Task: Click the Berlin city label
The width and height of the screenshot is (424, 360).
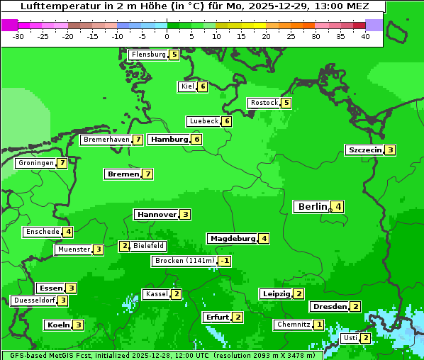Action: tap(313, 207)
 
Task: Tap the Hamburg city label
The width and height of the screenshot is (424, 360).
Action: tap(169, 140)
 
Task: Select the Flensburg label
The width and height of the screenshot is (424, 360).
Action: tap(148, 55)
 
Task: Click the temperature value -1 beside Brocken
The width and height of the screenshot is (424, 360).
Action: tap(225, 261)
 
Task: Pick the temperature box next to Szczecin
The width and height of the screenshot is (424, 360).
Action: tap(390, 150)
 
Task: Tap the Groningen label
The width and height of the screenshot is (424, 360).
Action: tap(36, 163)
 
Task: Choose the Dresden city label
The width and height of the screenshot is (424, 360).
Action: tap(329, 307)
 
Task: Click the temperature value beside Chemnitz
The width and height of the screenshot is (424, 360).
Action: tap(319, 325)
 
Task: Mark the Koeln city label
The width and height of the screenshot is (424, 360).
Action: tap(58, 325)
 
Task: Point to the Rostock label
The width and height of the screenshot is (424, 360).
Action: tap(264, 103)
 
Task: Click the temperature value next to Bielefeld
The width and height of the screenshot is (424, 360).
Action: tap(125, 247)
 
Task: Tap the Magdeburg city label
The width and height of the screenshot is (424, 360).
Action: tap(233, 239)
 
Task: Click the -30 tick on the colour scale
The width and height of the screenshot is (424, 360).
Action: tap(18, 35)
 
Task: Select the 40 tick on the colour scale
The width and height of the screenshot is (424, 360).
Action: tap(365, 35)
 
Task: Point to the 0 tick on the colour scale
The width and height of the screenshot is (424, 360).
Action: tap(167, 35)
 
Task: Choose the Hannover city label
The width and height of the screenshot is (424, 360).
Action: tap(157, 215)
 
